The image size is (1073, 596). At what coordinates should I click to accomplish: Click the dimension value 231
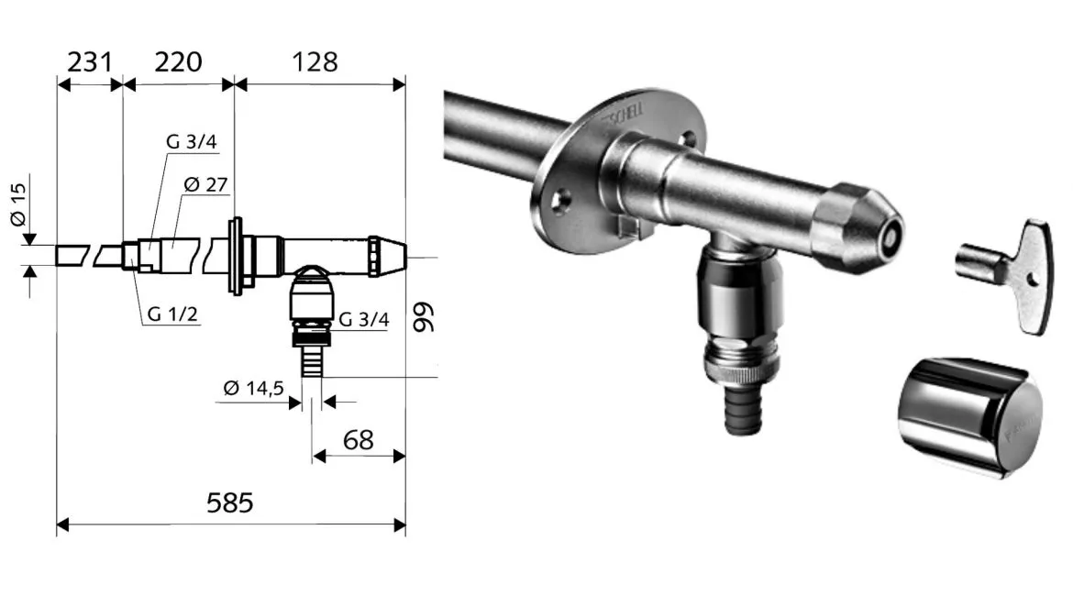click(89, 62)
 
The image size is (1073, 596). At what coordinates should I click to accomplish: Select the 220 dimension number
click(178, 62)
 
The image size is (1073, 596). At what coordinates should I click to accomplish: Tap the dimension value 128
click(315, 62)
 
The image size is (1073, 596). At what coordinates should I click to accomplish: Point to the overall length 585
click(230, 503)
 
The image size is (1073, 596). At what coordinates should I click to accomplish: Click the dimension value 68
click(358, 440)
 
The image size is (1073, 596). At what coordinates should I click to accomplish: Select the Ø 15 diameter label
click(18, 204)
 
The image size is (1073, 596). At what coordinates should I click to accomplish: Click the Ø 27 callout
click(205, 184)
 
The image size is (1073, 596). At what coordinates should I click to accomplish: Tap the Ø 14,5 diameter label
click(253, 389)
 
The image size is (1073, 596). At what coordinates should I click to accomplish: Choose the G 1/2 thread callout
click(172, 315)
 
